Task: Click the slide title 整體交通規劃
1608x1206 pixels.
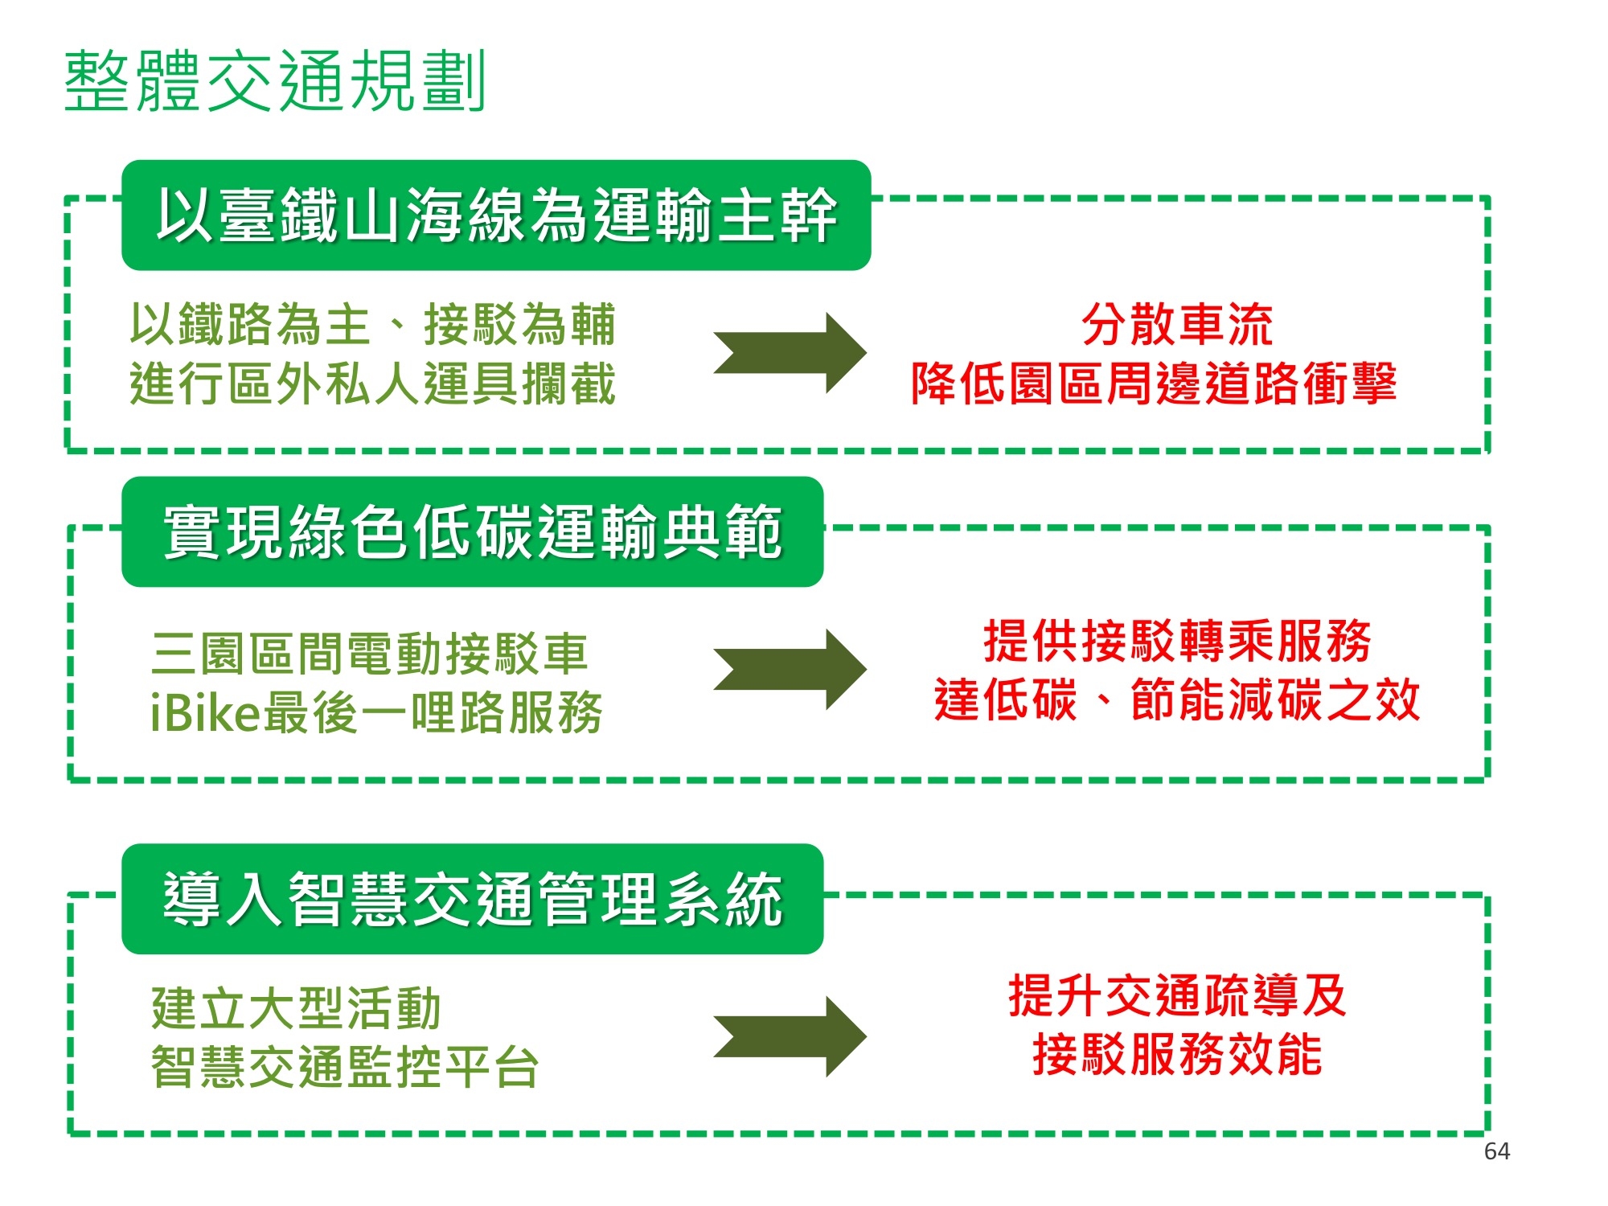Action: point(275,80)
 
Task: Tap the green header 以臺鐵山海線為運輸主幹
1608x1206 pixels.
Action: point(496,215)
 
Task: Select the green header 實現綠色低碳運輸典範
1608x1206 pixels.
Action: point(472,531)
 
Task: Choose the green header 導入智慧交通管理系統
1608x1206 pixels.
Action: point(472,899)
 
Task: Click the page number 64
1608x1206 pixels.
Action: point(1496,1151)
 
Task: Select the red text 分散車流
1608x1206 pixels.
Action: point(1177,325)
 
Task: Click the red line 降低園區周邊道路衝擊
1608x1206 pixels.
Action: point(1154,384)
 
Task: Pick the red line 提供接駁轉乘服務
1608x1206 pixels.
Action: point(1177,641)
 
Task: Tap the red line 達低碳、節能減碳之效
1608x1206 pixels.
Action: point(1177,699)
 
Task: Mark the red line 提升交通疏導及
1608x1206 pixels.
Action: point(1177,995)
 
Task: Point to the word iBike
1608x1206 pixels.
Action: point(205,713)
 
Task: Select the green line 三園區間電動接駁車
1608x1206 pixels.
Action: point(370,653)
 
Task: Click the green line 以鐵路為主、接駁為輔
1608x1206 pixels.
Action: point(373,325)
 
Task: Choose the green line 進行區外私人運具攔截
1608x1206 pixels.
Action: point(373,384)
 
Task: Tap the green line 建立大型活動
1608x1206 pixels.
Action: point(296,1008)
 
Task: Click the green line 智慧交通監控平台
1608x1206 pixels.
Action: point(345,1068)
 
